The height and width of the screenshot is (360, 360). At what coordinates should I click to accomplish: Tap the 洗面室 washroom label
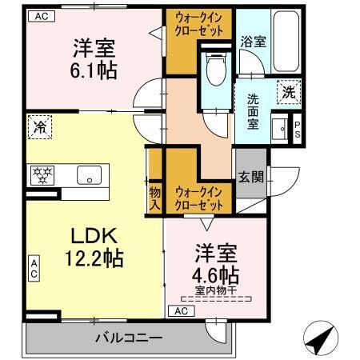pyautogui.click(x=253, y=110)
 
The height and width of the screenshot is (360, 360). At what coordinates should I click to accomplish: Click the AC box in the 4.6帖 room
pyautogui.click(x=181, y=310)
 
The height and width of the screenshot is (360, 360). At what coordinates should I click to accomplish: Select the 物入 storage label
pyautogui.click(x=154, y=199)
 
